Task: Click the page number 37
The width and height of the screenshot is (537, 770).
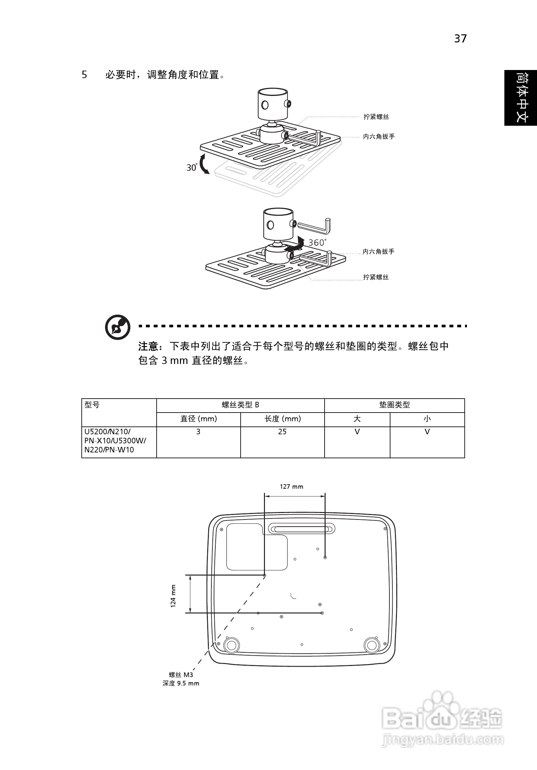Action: click(460, 39)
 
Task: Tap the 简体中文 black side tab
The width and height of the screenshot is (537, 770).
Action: click(520, 98)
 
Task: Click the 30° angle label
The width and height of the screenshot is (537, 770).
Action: click(192, 167)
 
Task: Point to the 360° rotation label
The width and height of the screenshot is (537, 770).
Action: click(317, 242)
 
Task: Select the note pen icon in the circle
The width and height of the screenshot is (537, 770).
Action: click(117, 327)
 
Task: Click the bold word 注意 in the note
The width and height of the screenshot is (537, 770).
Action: click(148, 346)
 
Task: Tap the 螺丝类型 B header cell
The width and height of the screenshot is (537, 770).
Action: click(240, 405)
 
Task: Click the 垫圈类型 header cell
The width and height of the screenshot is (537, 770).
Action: click(394, 405)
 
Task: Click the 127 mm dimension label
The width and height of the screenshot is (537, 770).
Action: click(291, 487)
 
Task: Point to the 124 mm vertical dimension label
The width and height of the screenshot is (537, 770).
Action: click(173, 596)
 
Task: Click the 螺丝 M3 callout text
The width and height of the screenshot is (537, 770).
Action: click(181, 675)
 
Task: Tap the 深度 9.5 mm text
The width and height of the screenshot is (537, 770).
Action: click(181, 683)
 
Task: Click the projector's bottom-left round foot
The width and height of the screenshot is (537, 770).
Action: click(231, 645)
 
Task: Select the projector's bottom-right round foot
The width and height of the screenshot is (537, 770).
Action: click(372, 645)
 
